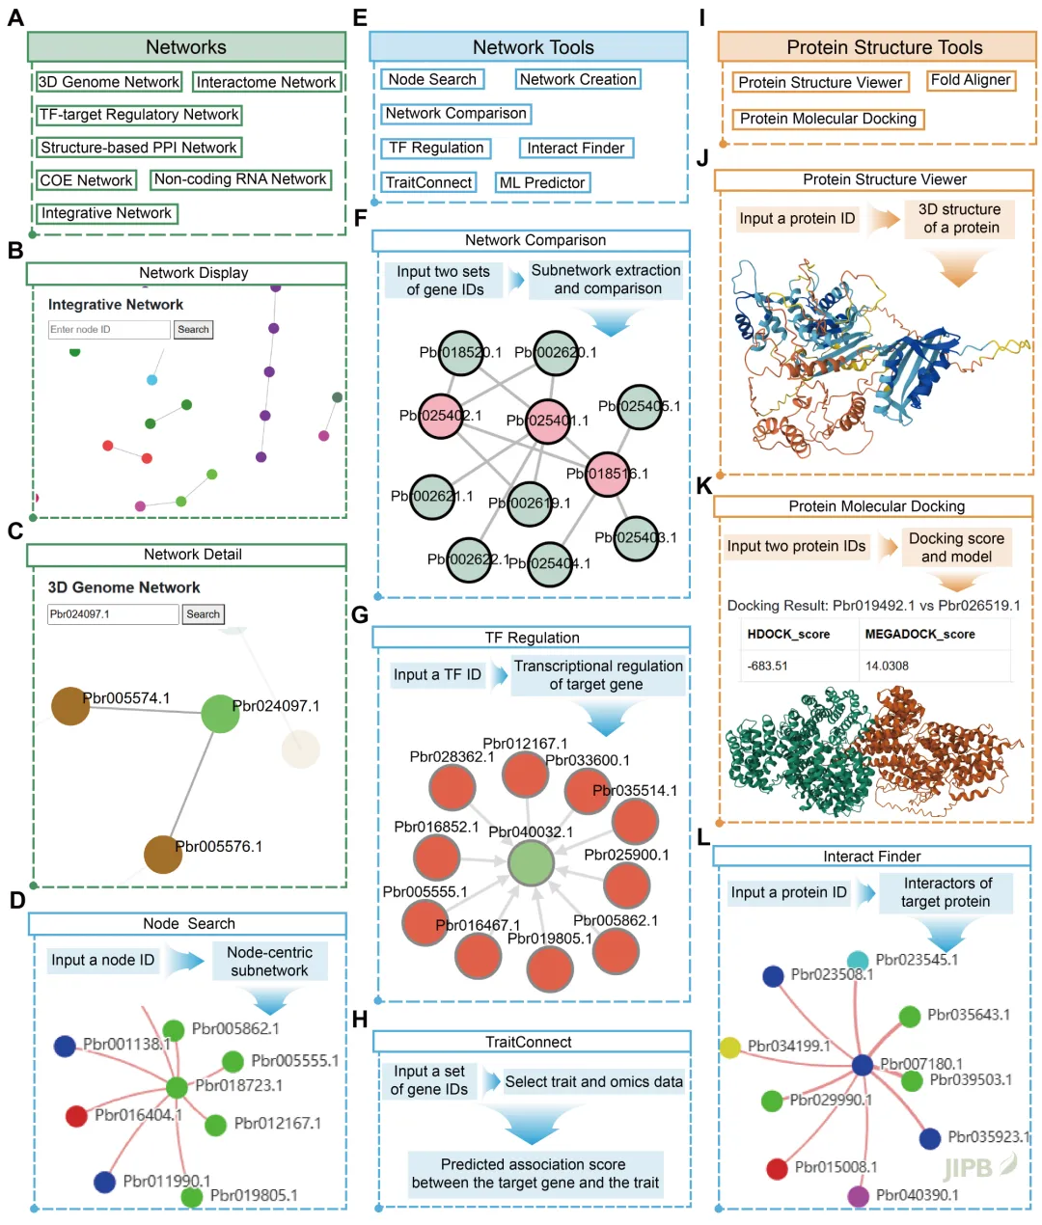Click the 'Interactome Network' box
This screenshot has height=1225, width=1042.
(266, 83)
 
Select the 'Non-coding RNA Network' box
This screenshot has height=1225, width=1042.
(240, 179)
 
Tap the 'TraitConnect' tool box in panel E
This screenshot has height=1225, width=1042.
(428, 182)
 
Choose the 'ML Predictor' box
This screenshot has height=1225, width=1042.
(541, 182)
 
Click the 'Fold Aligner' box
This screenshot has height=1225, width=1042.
(971, 80)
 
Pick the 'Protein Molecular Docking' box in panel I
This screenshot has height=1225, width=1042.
(828, 119)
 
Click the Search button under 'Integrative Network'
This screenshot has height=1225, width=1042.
(193, 330)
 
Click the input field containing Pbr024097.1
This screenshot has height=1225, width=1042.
(113, 614)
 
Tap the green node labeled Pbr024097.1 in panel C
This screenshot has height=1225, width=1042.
(220, 714)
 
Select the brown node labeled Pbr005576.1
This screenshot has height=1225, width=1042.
(163, 855)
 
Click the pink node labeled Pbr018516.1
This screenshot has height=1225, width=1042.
(608, 475)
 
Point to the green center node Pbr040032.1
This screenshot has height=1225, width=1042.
(531, 862)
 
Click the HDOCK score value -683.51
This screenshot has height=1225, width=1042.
(768, 666)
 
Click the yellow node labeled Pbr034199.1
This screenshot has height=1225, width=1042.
(730, 1048)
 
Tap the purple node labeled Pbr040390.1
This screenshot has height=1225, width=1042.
(859, 1196)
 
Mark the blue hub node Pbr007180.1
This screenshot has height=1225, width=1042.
(863, 1065)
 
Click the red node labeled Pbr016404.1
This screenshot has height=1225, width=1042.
(76, 1116)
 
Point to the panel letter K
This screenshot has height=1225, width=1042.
(703, 486)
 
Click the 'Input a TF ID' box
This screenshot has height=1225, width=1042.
(437, 675)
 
